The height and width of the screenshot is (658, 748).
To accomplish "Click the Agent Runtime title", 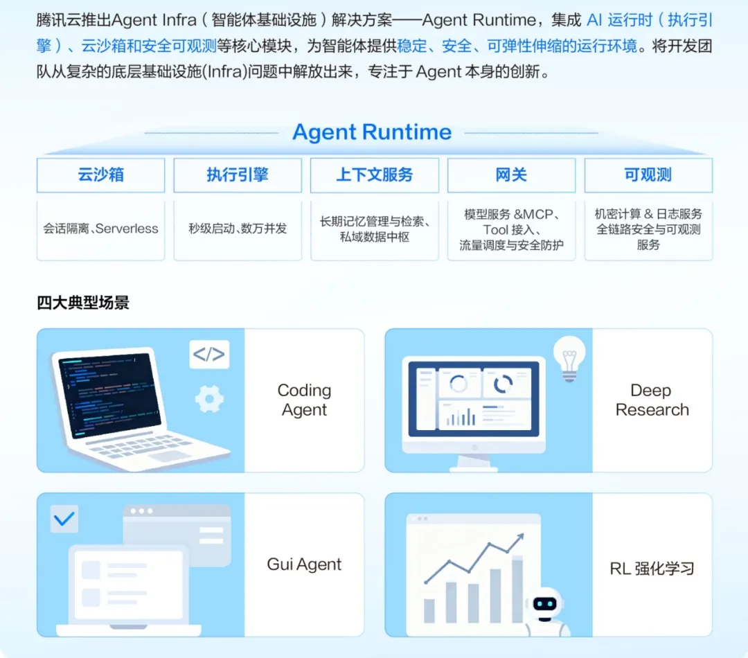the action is click(x=372, y=132).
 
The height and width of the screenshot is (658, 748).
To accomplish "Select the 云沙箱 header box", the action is click(x=100, y=175).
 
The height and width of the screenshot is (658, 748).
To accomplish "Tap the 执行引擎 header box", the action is click(x=238, y=175).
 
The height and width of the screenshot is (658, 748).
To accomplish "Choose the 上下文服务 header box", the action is click(x=375, y=175).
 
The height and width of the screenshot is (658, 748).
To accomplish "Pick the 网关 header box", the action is click(x=511, y=175).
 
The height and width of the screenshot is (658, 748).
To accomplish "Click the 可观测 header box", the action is click(x=648, y=175).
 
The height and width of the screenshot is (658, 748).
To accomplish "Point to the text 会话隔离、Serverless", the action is click(x=100, y=229).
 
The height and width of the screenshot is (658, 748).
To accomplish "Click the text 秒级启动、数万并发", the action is click(x=238, y=229).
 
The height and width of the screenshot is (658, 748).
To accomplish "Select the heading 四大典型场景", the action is click(x=83, y=303).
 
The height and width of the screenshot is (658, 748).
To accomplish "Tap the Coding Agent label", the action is click(x=304, y=400).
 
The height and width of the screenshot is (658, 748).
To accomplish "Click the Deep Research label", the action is click(x=652, y=400).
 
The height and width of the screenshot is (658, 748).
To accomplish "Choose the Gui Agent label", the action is click(x=304, y=564).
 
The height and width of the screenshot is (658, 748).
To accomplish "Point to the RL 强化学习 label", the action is click(x=652, y=568).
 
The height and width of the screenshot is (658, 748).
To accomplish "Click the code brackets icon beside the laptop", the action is click(x=209, y=354).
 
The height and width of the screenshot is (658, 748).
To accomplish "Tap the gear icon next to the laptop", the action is click(x=209, y=399).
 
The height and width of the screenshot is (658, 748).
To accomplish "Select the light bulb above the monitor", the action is click(x=569, y=359).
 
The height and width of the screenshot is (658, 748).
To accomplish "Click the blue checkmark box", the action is click(x=64, y=519).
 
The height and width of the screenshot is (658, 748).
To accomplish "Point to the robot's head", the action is click(x=545, y=605).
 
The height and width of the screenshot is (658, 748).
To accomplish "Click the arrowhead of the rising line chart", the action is click(x=519, y=537).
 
